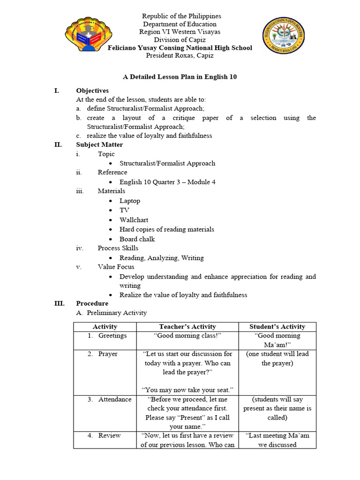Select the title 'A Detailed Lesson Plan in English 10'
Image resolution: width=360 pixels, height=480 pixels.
(x=180, y=77)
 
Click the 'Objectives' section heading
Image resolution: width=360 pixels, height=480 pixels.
(x=92, y=90)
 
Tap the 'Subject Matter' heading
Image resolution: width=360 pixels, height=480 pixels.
(x=99, y=145)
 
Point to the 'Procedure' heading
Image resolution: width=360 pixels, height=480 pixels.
(x=92, y=303)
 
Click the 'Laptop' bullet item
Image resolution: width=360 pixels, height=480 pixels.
(x=130, y=201)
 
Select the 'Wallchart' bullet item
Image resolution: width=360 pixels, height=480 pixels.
(x=134, y=220)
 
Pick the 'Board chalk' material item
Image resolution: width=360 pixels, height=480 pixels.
(x=137, y=239)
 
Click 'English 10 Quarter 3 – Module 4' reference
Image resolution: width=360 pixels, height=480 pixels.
(x=167, y=182)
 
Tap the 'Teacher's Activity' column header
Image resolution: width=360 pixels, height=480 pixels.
(x=187, y=327)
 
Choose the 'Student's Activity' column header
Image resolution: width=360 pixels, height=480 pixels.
(x=277, y=327)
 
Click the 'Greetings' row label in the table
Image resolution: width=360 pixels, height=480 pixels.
(x=112, y=336)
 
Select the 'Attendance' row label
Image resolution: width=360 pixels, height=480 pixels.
(x=115, y=399)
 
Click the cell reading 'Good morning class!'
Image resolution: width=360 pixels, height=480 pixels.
(x=187, y=336)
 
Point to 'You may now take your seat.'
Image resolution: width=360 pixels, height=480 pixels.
(x=187, y=390)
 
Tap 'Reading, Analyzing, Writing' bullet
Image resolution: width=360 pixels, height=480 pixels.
(x=162, y=258)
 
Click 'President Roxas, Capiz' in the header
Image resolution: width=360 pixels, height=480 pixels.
(x=180, y=55)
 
